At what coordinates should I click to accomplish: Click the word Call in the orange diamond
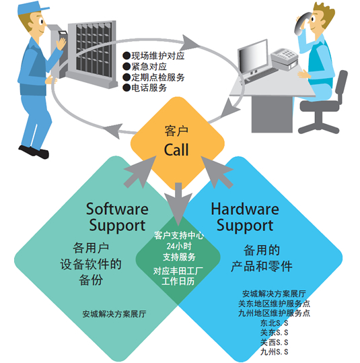(176, 150)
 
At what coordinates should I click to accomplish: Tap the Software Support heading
(117, 217)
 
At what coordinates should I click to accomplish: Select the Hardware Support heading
(245, 217)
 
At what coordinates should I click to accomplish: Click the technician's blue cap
(32, 8)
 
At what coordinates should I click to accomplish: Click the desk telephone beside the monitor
(284, 57)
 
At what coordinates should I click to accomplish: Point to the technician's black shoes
(34, 152)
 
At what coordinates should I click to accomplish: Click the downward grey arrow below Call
(178, 204)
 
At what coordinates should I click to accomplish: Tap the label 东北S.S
(274, 323)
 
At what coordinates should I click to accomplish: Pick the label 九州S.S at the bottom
(274, 352)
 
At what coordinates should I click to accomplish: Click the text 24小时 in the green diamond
(178, 246)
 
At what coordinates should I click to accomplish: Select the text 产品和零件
(262, 266)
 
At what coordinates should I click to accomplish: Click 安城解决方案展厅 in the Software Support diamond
(114, 314)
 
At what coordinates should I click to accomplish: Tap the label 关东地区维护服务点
(274, 303)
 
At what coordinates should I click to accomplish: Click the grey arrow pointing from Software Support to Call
(140, 172)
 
